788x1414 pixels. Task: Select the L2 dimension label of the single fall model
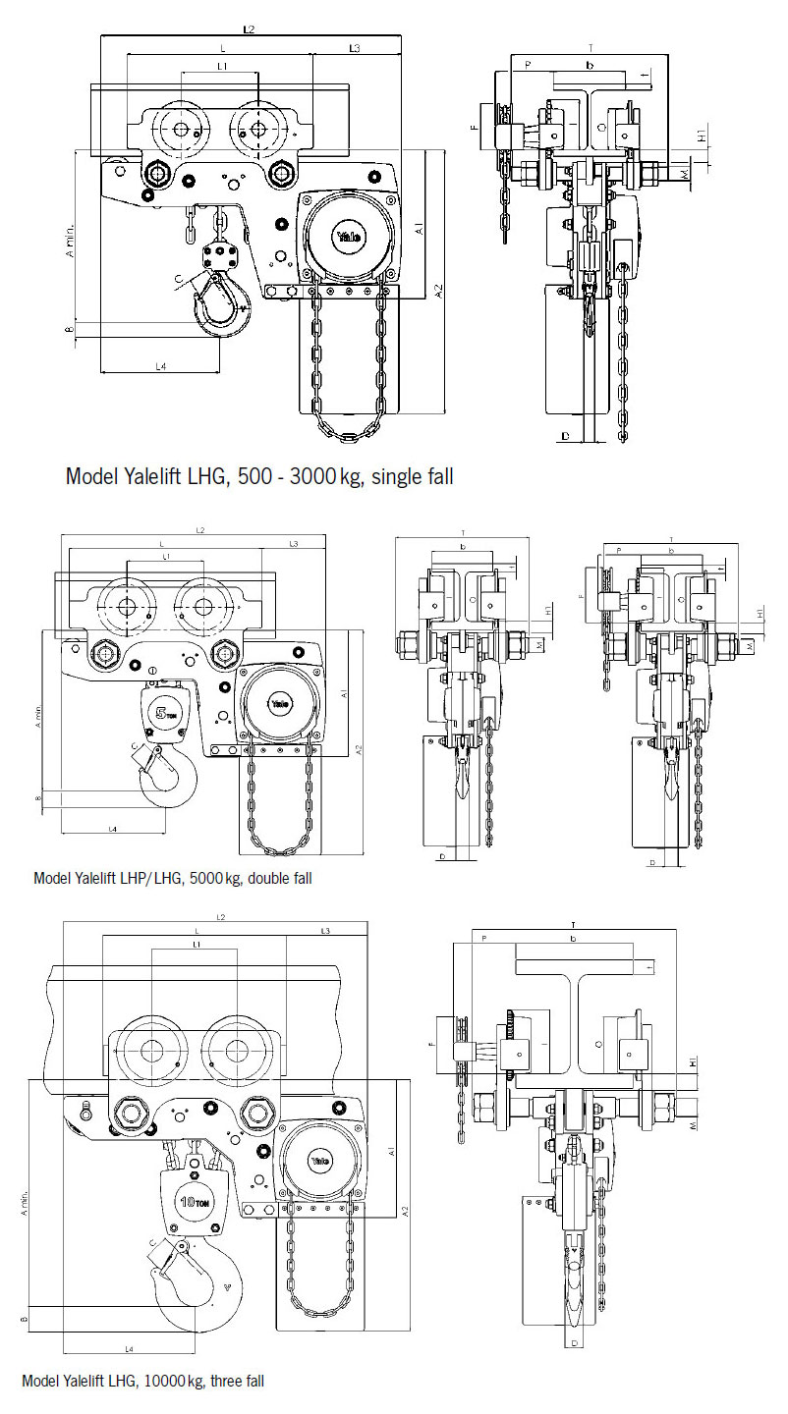tap(249, 30)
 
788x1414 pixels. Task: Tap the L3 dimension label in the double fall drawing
tap(294, 543)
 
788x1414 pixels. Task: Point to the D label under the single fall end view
tap(565, 433)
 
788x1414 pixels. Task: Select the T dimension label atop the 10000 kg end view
tap(572, 925)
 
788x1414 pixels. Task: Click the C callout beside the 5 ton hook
tap(135, 747)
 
